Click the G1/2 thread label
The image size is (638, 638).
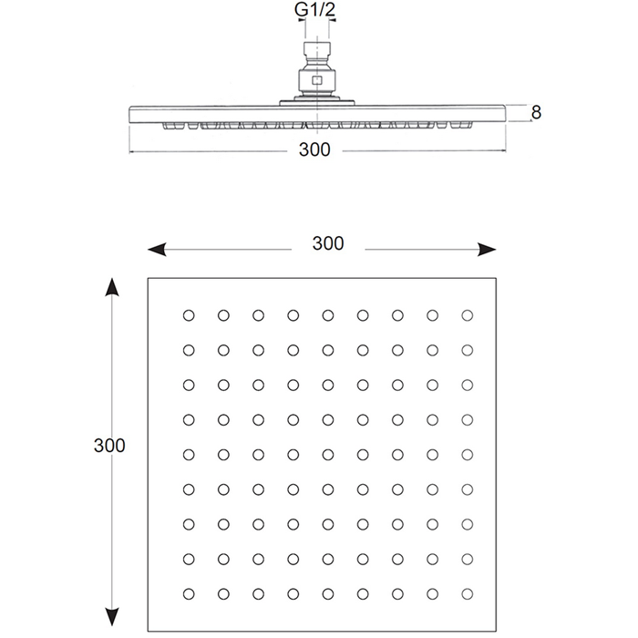pyautogui.click(x=315, y=10)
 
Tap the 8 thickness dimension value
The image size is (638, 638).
pyautogui.click(x=536, y=112)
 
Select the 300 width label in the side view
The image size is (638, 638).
pyautogui.click(x=314, y=149)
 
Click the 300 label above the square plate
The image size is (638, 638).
pyautogui.click(x=328, y=243)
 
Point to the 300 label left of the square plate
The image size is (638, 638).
pyautogui.click(x=109, y=446)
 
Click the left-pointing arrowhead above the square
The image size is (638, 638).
pyautogui.click(x=157, y=250)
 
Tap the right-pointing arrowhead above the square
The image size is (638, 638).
pyautogui.click(x=487, y=250)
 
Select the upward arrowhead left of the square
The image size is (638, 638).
pyautogui.click(x=112, y=287)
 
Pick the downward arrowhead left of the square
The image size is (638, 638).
pyautogui.click(x=112, y=617)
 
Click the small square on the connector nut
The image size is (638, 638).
pyautogui.click(x=317, y=80)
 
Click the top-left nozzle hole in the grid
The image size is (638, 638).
pyautogui.click(x=189, y=315)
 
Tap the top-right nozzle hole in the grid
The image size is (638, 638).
pyautogui.click(x=467, y=315)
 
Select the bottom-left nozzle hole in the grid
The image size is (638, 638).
pyautogui.click(x=189, y=594)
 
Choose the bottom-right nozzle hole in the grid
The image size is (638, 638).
pyautogui.click(x=467, y=594)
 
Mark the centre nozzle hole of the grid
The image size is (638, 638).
pyautogui.click(x=328, y=455)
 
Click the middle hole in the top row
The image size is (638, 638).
pyautogui.click(x=328, y=315)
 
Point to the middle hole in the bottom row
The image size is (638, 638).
pyautogui.click(x=328, y=594)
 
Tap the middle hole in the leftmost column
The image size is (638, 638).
pyautogui.click(x=189, y=455)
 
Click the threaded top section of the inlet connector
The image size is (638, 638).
pyautogui.click(x=317, y=49)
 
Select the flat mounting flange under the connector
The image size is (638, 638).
pyautogui.click(x=317, y=103)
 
